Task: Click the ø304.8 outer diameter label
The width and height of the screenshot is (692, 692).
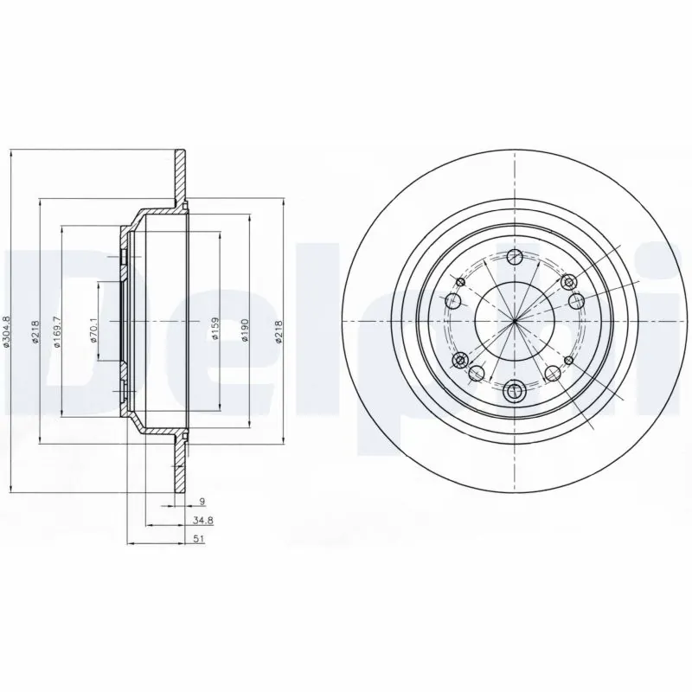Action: (x=7, y=332)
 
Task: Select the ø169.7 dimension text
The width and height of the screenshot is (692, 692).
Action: (x=58, y=332)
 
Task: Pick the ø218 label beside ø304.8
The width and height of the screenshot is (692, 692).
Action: (x=35, y=332)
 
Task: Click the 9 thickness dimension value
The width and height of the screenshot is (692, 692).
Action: (x=202, y=501)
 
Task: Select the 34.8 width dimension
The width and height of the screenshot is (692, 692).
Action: (x=202, y=522)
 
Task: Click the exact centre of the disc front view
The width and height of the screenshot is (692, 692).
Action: (x=515, y=321)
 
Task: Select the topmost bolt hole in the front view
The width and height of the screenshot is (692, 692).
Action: (x=515, y=255)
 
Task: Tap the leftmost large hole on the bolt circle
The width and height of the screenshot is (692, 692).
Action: (x=452, y=301)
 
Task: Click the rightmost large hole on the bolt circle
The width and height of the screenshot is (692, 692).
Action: (x=577, y=301)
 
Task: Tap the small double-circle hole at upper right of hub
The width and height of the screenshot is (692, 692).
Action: (x=568, y=283)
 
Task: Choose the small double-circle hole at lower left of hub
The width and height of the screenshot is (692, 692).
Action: (x=460, y=359)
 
